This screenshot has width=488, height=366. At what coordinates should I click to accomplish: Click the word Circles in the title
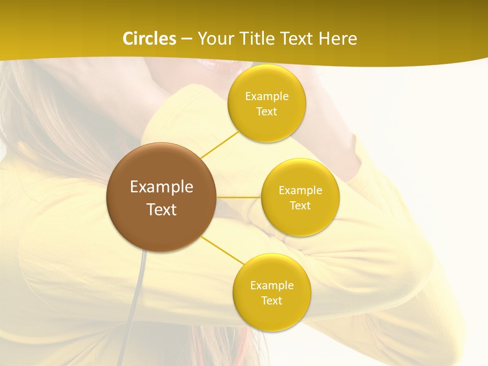[x=149, y=39]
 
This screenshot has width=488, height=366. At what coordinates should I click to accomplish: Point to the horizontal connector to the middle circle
[x=239, y=197]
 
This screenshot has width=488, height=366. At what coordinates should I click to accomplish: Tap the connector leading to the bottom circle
[x=223, y=250]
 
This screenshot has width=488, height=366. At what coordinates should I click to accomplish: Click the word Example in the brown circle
[x=161, y=187]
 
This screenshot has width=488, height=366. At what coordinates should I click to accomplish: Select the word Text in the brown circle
[x=161, y=209]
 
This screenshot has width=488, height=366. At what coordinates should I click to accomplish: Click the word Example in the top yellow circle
[x=267, y=97]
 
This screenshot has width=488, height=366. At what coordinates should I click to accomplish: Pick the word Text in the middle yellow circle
[x=300, y=206]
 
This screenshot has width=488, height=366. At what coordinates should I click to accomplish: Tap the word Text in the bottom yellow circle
[x=271, y=301]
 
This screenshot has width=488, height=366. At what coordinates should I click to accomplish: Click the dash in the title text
[x=187, y=39]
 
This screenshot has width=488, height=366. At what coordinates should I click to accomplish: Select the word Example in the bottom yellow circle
[x=271, y=286]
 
